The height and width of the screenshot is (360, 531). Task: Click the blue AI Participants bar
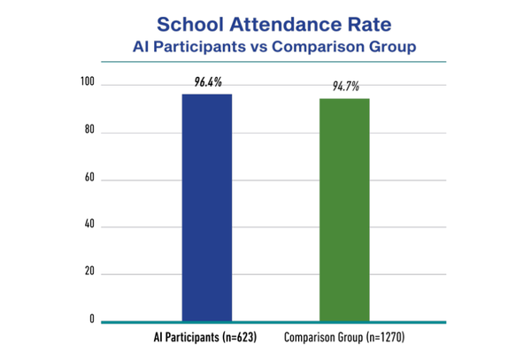[207, 207]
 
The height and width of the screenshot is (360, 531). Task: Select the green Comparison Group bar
[344, 210]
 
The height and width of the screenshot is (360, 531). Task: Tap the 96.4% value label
[208, 82]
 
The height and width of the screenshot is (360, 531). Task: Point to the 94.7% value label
[345, 87]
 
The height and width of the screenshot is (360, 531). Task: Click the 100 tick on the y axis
[88, 81]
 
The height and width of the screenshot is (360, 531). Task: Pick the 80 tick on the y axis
[89, 129]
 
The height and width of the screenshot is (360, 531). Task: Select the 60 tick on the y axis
[89, 177]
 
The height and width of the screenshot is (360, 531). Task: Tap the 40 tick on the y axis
[89, 224]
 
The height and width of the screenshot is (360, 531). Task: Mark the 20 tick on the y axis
[89, 271]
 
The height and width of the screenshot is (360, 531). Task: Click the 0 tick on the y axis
[92, 318]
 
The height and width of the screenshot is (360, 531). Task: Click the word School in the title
[190, 25]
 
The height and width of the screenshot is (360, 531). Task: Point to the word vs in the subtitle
[259, 47]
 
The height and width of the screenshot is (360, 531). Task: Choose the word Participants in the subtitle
[199, 47]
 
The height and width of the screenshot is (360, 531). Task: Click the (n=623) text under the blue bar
[240, 337]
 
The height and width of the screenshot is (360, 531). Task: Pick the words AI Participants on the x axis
[187, 337]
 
